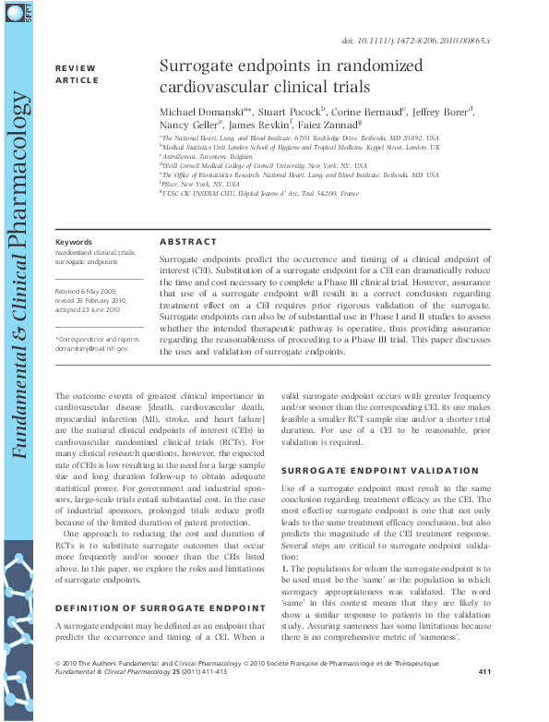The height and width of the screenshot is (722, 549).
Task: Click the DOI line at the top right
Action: click(x=428, y=42)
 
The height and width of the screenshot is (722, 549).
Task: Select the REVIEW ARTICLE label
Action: click(x=77, y=75)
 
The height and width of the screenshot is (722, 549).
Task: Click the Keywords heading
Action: click(x=74, y=242)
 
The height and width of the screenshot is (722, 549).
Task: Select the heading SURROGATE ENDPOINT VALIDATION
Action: click(x=366, y=470)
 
